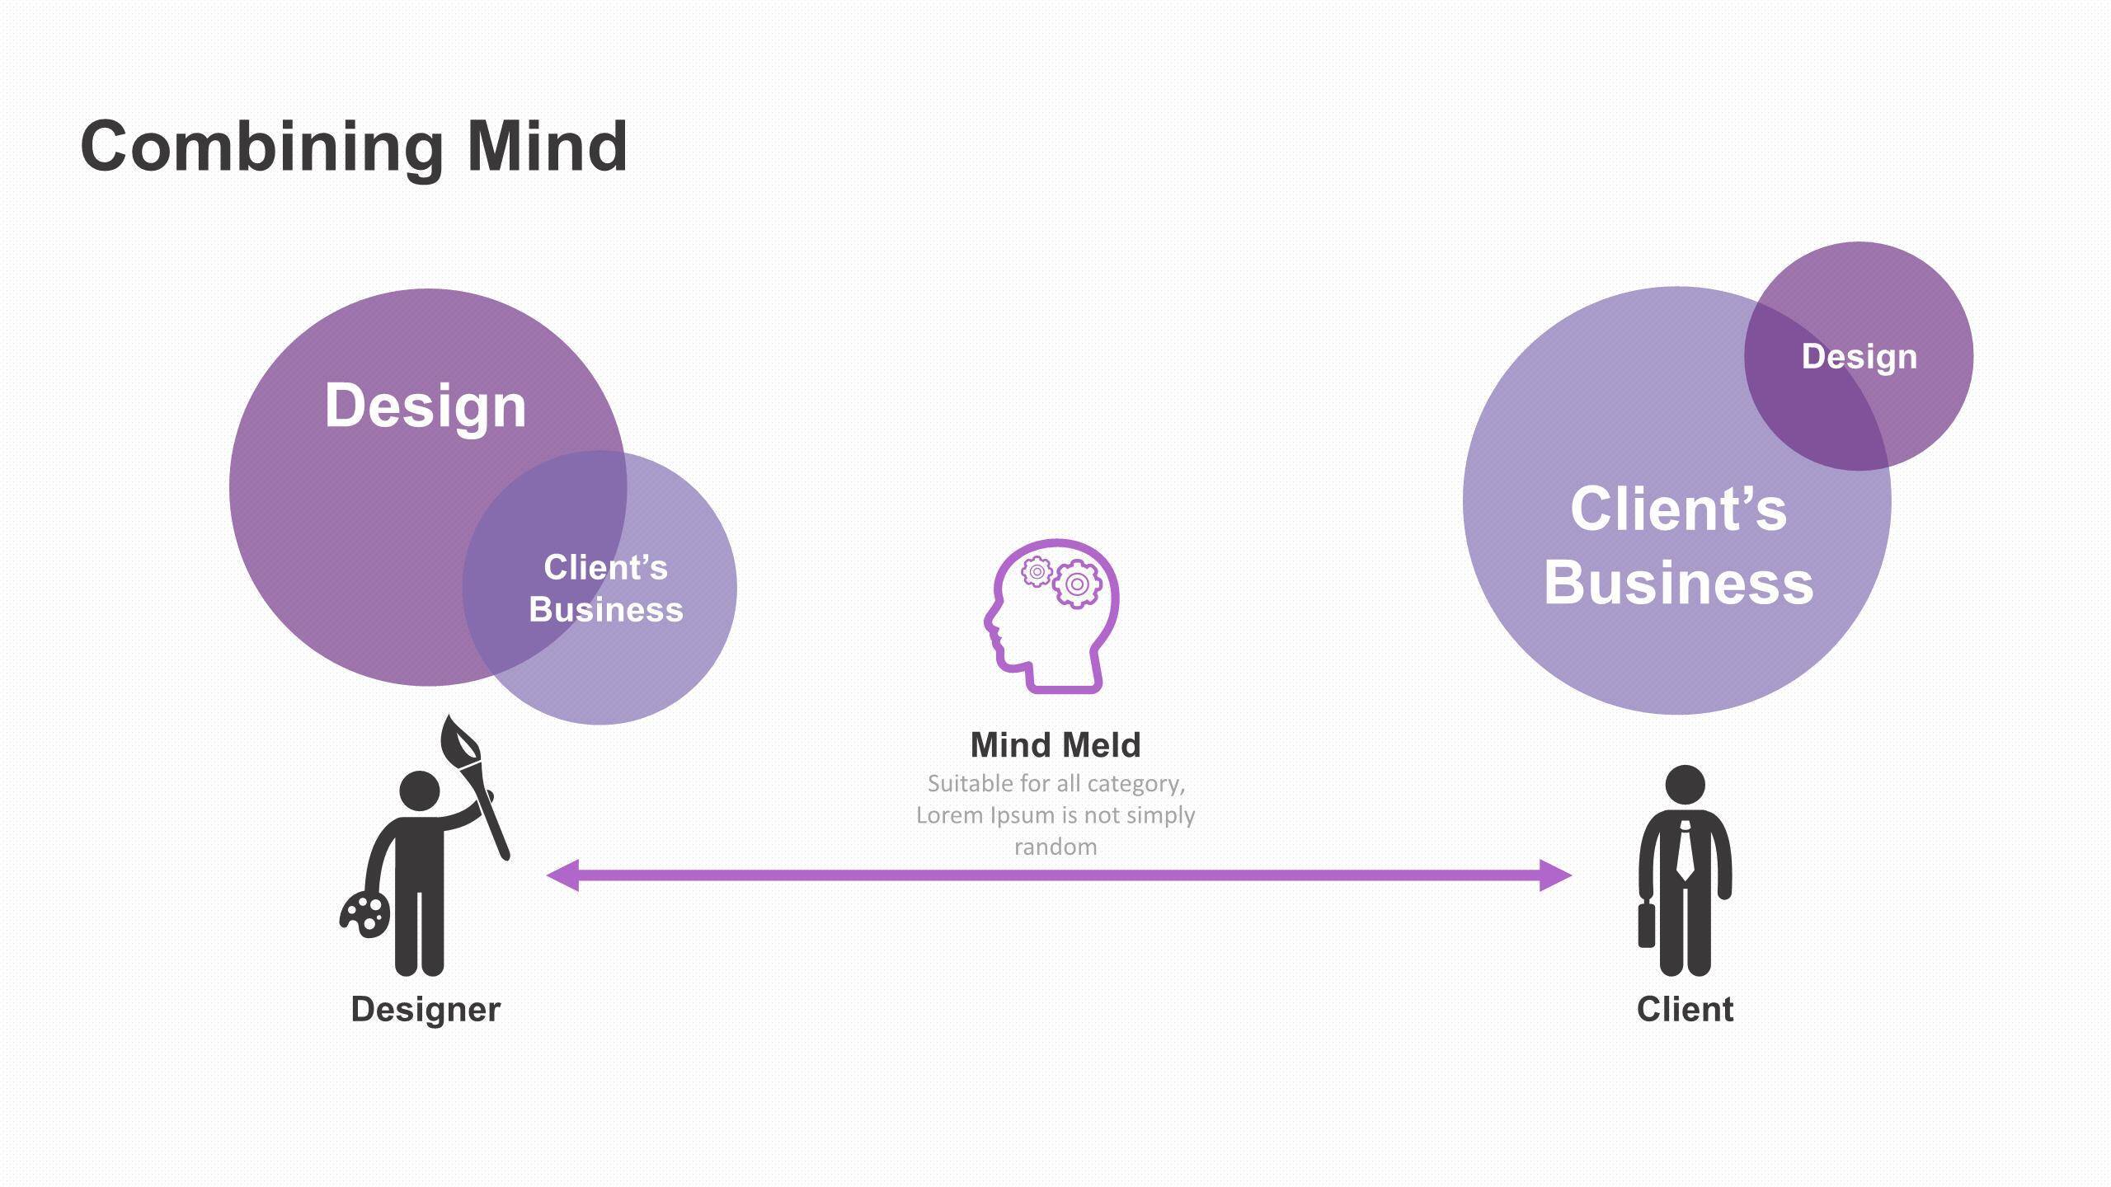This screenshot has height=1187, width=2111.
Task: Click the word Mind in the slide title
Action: coord(547,147)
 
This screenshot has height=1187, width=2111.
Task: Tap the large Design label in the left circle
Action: coord(425,406)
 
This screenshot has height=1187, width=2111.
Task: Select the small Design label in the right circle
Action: coord(1859,357)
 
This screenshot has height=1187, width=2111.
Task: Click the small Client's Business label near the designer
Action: coord(606,589)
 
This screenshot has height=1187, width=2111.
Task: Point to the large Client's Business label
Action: coord(1678,546)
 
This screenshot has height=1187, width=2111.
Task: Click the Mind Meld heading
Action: coord(1055,745)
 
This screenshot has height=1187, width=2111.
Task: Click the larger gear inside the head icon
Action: coord(1077,584)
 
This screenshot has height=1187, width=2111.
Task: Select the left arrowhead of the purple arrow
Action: coord(563,875)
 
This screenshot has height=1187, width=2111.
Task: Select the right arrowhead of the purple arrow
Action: coord(1555,875)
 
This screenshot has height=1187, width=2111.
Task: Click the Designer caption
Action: coord(425,1010)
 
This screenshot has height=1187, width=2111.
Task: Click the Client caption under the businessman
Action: coord(1685,1010)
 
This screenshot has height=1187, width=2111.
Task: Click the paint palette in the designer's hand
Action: coord(365,913)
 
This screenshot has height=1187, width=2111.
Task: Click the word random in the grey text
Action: coord(1055,847)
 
